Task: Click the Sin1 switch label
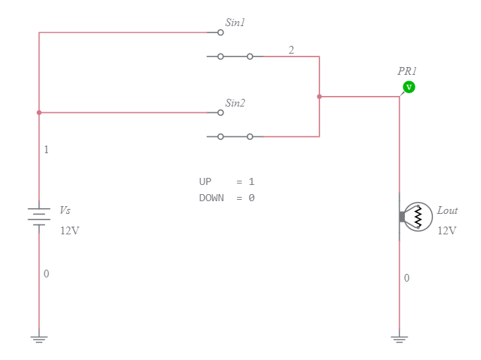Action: coord(235,23)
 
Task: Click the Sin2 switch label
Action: coord(235,103)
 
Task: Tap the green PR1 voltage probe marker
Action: coord(408,87)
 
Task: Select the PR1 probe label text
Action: coord(407,71)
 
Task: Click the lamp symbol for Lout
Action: coord(416,217)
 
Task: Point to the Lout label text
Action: coord(447,210)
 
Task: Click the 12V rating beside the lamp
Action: coord(447,231)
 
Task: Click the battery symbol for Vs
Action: coord(39,215)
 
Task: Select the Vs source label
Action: coord(65,210)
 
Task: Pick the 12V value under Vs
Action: coord(70,231)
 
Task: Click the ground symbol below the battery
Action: coord(39,339)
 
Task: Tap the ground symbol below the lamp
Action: coord(399,339)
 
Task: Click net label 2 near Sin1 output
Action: coord(291,49)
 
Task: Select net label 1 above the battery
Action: coord(47,150)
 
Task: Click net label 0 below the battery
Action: coord(47,274)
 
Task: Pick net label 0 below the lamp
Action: coord(406,278)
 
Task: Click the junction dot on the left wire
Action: coord(39,112)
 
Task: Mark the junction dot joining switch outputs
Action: coord(319,97)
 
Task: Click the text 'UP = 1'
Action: coord(226,182)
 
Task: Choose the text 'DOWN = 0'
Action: coord(226,198)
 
